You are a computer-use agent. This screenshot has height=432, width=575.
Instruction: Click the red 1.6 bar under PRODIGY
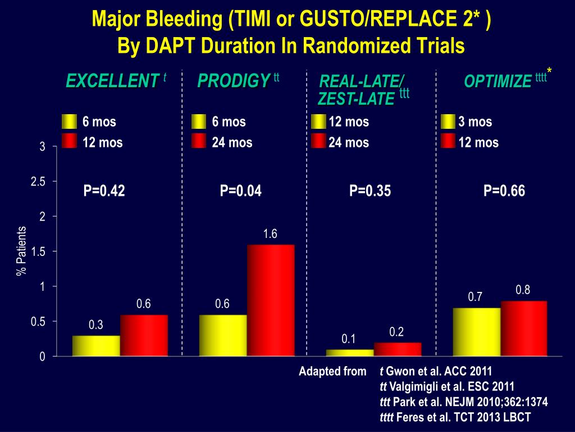coord(271,300)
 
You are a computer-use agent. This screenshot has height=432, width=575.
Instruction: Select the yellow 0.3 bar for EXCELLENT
coord(96,345)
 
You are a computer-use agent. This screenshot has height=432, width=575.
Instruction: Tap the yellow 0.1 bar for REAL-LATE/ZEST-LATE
coord(350,353)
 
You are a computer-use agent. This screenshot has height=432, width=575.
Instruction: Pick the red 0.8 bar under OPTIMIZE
coord(523,328)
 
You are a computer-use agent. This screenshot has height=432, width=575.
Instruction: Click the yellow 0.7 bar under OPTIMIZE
coord(476,332)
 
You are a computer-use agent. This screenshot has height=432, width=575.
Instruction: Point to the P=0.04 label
coord(241,191)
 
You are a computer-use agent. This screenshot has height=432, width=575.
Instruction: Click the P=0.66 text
coord(504,191)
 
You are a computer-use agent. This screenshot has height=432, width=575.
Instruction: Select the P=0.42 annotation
coord(104,191)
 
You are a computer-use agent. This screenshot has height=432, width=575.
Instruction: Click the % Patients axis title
coord(22,251)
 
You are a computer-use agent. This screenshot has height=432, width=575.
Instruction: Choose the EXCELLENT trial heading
coord(112,82)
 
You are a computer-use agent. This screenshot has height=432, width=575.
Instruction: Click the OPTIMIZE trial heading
coord(498,82)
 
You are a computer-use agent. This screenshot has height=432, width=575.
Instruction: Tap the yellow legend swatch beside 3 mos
coord(448,121)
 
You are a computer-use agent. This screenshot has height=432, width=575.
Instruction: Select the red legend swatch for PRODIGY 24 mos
coord(199,142)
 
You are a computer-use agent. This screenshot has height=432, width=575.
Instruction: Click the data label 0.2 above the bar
coord(396,332)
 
